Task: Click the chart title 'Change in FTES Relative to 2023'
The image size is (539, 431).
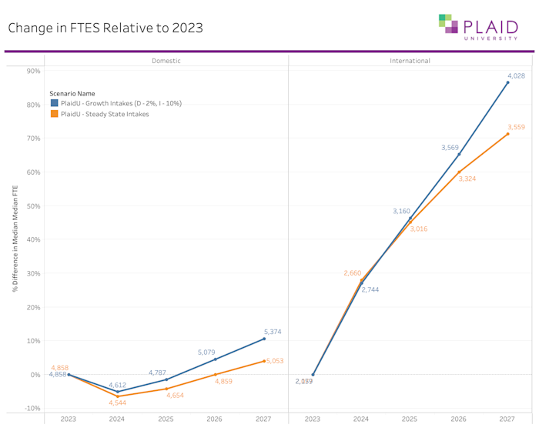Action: point(105,28)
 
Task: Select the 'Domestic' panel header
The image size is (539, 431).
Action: point(166,61)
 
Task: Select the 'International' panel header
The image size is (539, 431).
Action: point(410,61)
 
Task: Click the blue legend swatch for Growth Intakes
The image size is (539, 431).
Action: point(55,103)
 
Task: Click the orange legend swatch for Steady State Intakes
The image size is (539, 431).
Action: point(55,114)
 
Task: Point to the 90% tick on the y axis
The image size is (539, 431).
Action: point(34,71)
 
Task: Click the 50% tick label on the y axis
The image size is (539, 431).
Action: point(34,206)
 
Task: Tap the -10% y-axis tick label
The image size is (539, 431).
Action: point(33,408)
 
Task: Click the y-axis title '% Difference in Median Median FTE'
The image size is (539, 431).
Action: point(15,239)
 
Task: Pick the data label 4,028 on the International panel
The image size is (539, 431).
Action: point(516,75)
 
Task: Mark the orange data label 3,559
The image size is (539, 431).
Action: point(516,127)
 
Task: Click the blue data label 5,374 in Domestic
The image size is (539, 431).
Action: point(273,332)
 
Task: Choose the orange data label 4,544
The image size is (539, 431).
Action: point(118,403)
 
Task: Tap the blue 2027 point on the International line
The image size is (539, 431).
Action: point(507,82)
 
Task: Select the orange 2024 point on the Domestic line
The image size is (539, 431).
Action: point(118,396)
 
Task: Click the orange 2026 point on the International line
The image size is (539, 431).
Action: point(459,172)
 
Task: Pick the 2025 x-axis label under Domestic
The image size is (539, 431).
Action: point(166,419)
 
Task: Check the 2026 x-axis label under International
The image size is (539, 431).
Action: point(459,419)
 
